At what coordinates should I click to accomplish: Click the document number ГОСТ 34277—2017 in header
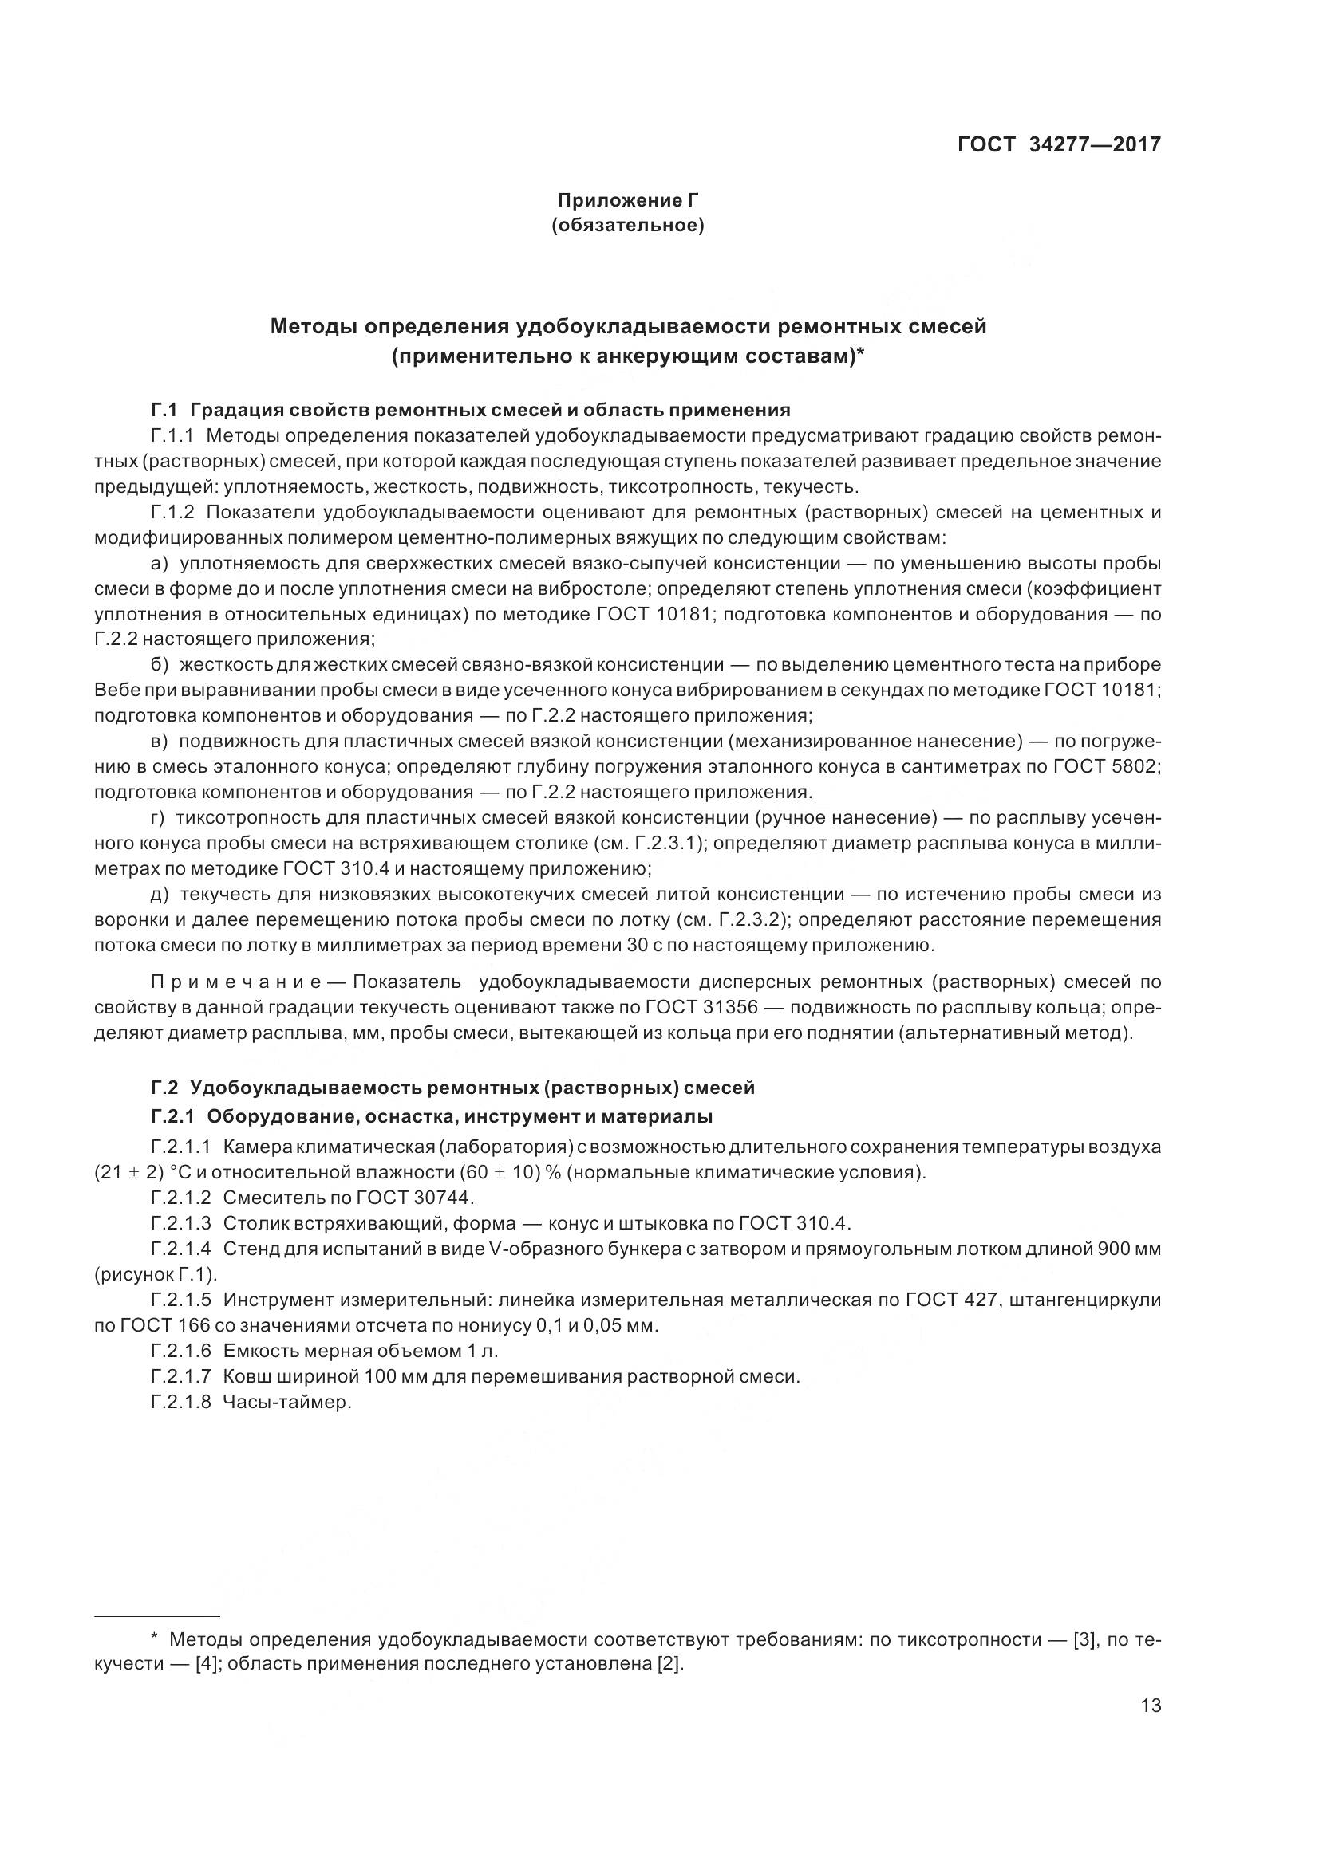pos(1058,144)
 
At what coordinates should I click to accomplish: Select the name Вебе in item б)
pos(113,690)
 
